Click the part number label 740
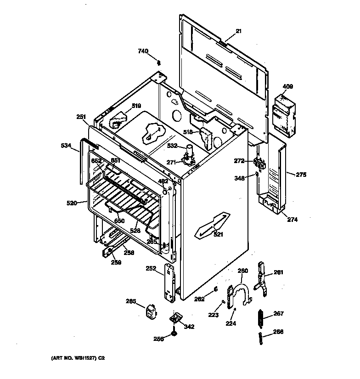[x=143, y=51]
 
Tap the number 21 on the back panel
[x=238, y=31]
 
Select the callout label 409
[x=287, y=86]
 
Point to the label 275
[x=301, y=175]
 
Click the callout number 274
[x=292, y=220]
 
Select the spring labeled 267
[x=261, y=316]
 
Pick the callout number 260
[x=242, y=271]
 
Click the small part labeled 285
[x=149, y=312]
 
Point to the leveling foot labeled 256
[x=174, y=334]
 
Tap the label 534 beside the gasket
[x=66, y=146]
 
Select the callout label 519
[x=136, y=106]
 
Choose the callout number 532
[x=172, y=146]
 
